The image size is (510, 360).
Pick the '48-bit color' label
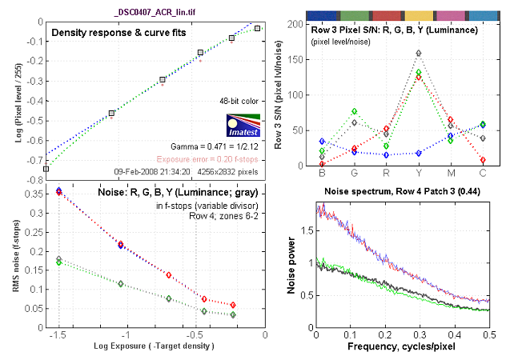click(x=240, y=102)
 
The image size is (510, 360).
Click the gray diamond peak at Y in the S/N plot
click(x=419, y=54)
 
